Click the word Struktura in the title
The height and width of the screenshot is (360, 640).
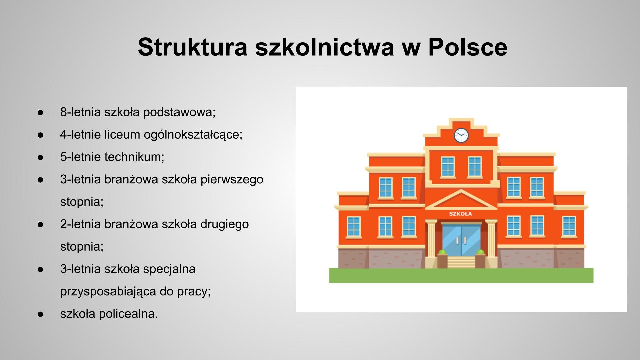[192, 47]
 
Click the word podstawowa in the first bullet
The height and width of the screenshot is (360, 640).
[179, 112]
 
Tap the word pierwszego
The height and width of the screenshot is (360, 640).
[232, 179]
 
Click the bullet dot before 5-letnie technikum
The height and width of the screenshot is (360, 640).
[41, 157]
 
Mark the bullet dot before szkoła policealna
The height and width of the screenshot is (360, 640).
[41, 314]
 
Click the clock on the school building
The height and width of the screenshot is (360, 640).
[461, 136]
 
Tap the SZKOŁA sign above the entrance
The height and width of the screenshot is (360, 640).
[460, 214]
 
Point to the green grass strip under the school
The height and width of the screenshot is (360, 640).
[461, 275]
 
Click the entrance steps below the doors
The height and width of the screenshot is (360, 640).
[461, 262]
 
